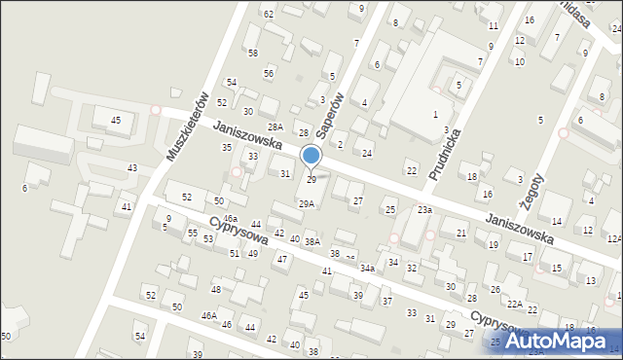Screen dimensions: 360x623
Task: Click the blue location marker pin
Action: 311,157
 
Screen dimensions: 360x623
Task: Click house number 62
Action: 269,14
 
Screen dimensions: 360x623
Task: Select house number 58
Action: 252,53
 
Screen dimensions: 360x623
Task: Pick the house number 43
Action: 132,168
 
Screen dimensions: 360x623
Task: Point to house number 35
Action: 227,147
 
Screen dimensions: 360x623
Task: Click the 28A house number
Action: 275,127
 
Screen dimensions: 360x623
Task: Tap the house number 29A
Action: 306,204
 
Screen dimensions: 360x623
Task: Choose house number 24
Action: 367,154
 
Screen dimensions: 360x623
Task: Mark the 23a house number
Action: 425,210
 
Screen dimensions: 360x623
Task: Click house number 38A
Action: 311,241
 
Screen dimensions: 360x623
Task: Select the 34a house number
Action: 367,268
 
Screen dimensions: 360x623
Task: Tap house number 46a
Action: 230,218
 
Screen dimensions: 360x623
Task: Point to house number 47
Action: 282,259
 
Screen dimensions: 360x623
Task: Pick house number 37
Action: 386,302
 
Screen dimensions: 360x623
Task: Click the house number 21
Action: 460,234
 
